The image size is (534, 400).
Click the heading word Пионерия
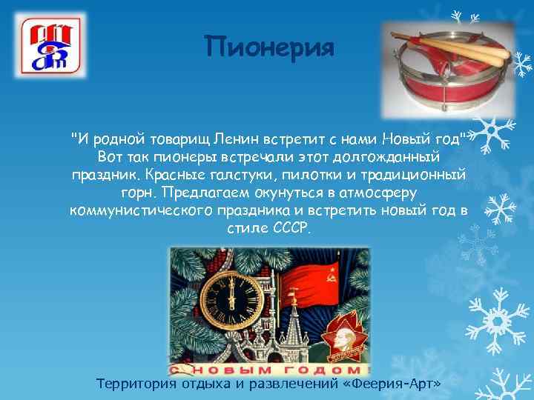270,47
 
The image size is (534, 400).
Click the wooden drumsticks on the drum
453,44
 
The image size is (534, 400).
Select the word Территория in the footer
136,383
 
